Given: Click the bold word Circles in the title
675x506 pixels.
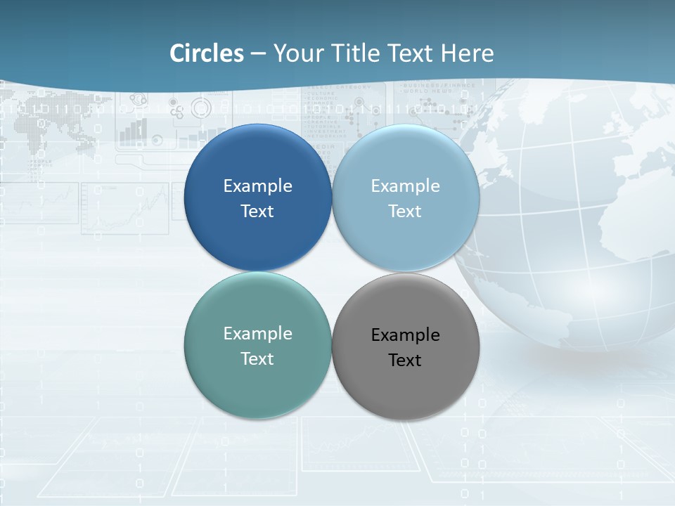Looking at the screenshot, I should click(x=207, y=53).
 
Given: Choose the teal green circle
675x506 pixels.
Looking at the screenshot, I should click(x=257, y=383).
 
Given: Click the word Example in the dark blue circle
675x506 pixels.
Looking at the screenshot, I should click(x=257, y=186).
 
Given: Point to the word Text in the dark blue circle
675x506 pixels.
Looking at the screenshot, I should click(x=257, y=212).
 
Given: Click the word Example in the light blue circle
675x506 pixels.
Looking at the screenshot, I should click(x=406, y=186).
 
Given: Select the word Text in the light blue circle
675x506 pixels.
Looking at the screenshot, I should click(x=405, y=212).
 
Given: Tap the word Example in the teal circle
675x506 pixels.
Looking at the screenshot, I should click(x=257, y=334).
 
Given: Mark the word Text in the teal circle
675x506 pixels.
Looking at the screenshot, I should click(x=257, y=359).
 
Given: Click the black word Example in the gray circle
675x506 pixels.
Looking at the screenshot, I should click(x=406, y=335).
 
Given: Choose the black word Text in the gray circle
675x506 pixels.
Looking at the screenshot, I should click(x=405, y=361).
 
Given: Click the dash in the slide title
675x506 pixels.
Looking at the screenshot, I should click(x=258, y=54).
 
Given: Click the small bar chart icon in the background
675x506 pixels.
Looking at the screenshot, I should click(x=134, y=131).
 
